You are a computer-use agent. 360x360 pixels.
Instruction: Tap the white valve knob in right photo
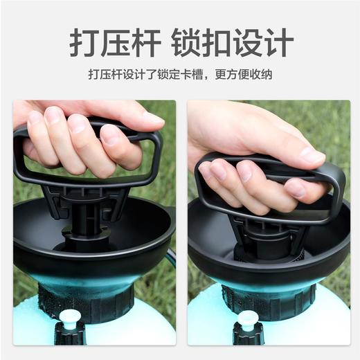click(x=247, y=319)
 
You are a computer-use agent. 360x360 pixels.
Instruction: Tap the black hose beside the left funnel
click(x=170, y=258)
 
